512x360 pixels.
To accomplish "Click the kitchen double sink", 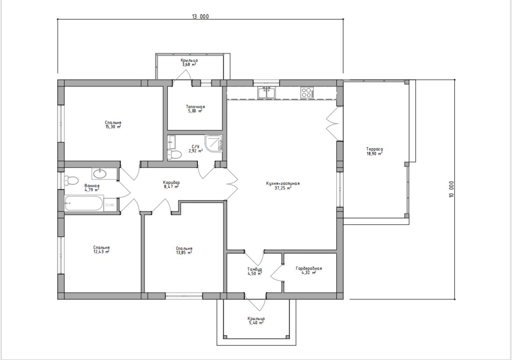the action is point(267,93).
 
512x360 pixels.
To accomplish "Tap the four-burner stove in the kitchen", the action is point(307,93).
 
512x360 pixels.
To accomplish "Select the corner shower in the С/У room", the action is point(213,143).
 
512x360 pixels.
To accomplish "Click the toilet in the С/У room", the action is point(175,154).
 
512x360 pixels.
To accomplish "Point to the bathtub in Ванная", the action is point(84,203).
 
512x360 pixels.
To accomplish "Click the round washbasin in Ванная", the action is point(100,174).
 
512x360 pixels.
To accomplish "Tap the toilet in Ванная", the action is point(71,180).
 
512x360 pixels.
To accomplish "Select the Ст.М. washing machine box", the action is point(111,205).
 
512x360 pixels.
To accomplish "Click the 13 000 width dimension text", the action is point(201,17).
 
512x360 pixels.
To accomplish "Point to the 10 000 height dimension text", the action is point(452,189).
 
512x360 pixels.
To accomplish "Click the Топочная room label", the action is point(195,107).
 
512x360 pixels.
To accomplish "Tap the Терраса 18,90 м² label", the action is point(375,151).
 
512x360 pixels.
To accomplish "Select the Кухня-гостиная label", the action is point(283,183).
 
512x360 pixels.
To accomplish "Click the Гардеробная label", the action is point(309,268).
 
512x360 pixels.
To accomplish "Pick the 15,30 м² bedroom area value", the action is point(113,127).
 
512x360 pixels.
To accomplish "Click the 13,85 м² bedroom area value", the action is point(184,253).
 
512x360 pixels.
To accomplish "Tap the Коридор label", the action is point(172,183).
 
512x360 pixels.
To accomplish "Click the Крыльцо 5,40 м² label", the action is point(256,320).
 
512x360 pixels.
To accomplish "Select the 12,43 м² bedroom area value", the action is point(101,252).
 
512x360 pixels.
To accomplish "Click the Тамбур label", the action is point(255,269).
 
